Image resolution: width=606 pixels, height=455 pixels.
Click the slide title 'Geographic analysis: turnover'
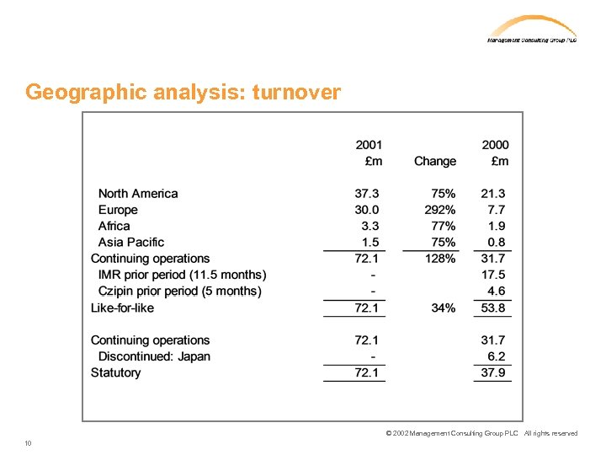tap(183, 92)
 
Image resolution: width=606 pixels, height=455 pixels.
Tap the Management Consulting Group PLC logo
tap(532, 29)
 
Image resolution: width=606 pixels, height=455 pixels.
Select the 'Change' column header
tap(434, 161)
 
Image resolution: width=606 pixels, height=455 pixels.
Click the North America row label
tap(138, 194)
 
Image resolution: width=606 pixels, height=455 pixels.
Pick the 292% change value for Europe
tap(440, 210)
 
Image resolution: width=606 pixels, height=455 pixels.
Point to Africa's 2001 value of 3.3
tap(369, 226)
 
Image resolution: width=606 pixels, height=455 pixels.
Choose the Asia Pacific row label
tap(133, 243)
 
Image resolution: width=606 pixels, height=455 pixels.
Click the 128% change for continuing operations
tap(440, 259)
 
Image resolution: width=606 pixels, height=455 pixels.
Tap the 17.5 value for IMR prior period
tap(493, 275)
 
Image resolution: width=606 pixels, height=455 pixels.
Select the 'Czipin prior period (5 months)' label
tap(179, 292)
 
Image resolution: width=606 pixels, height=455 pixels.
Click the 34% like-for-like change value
tap(444, 308)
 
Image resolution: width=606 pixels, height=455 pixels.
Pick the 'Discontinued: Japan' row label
tap(154, 356)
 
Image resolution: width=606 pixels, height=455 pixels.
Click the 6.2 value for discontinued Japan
tap(497, 356)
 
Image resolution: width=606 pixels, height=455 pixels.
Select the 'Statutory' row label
tap(116, 372)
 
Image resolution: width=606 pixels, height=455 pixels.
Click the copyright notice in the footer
tap(481, 433)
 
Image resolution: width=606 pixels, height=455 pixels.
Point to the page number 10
tap(29, 443)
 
